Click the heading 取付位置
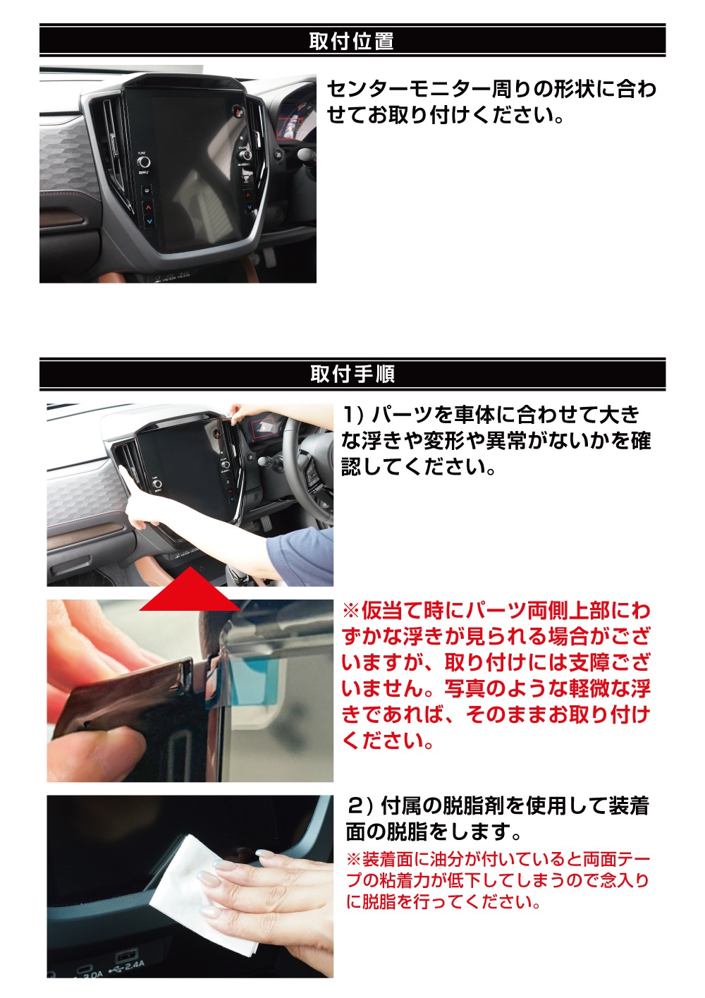[351, 42]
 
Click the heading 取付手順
[352, 374]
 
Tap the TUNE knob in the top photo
[143, 162]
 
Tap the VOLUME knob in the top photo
[245, 155]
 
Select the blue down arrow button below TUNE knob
[149, 221]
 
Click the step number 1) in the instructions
[352, 415]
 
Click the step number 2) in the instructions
[360, 805]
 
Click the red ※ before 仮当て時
[350, 611]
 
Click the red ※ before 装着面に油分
[353, 860]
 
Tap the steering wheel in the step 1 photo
[310, 465]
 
